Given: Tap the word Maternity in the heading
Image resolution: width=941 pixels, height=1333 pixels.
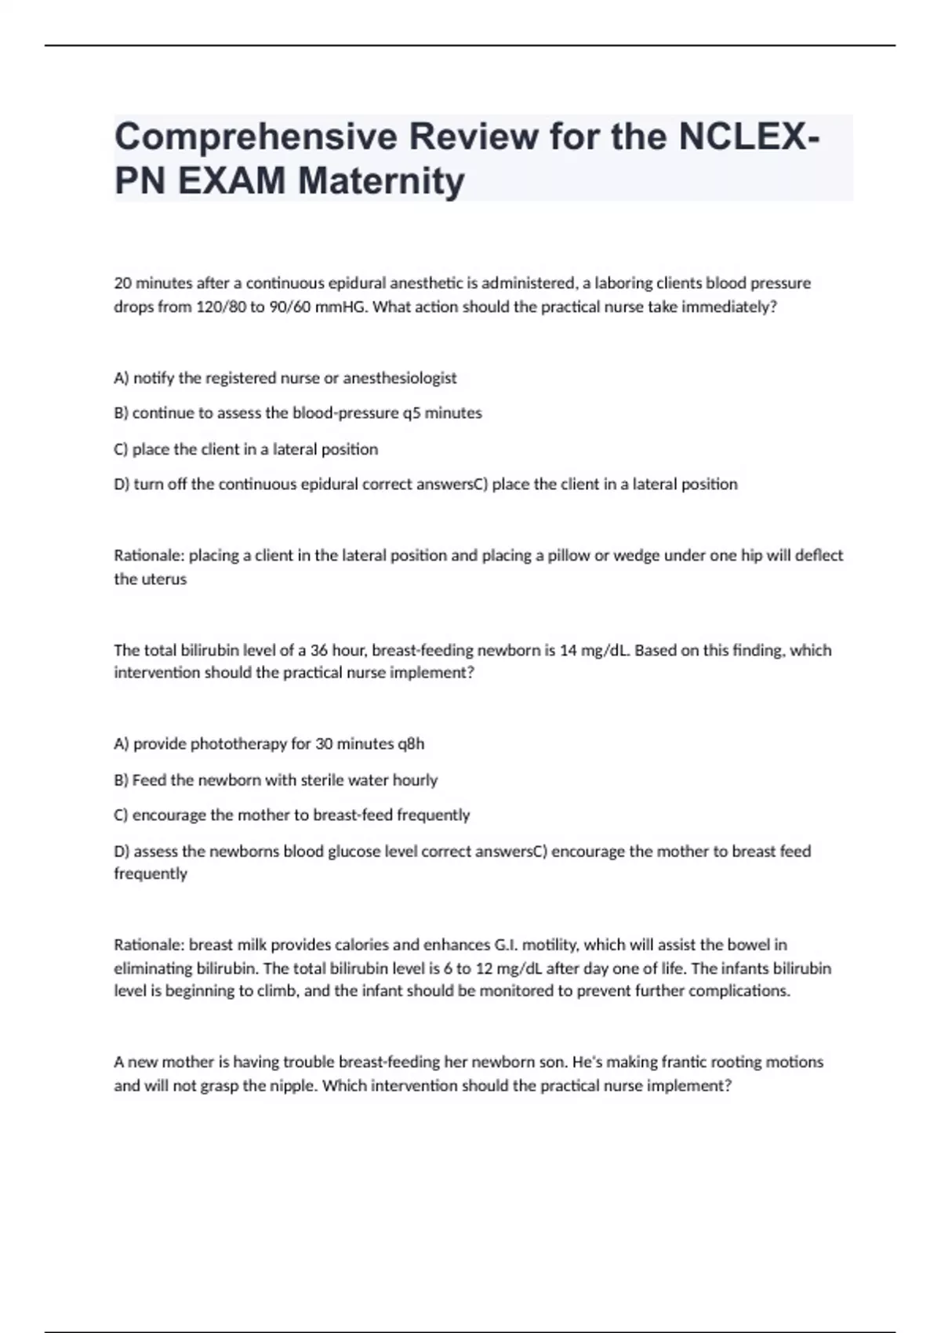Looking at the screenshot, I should (x=381, y=181).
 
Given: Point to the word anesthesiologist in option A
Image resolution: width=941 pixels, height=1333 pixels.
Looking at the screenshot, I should (x=400, y=378).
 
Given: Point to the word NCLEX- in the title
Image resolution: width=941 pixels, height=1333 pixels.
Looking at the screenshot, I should (x=750, y=137).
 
